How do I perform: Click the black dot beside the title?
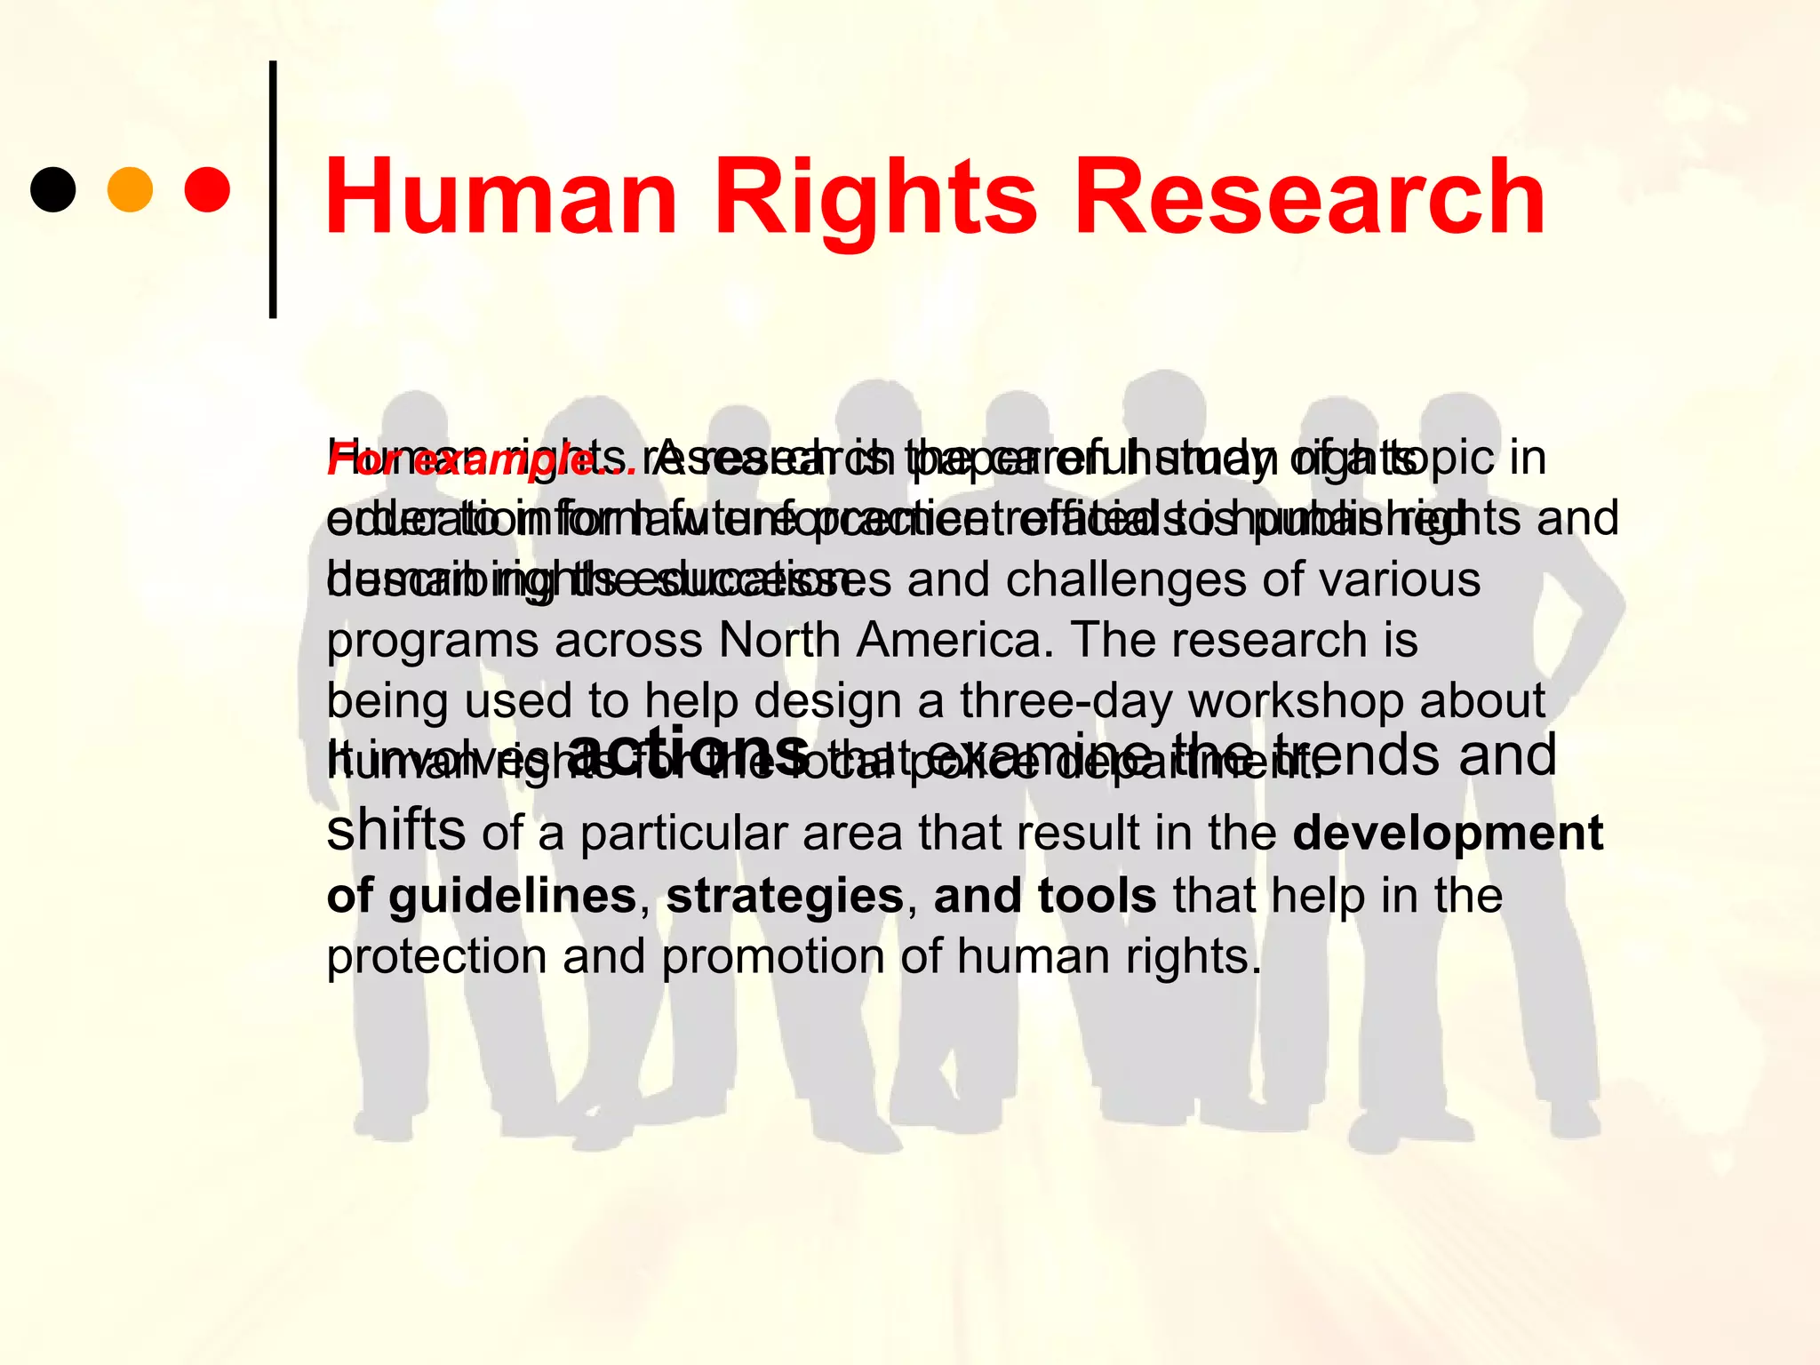coord(53,189)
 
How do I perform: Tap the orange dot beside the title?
coord(130,189)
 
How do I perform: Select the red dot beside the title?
coord(207,189)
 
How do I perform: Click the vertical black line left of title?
coord(273,189)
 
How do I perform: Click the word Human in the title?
coord(501,197)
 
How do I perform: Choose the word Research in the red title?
coord(1310,197)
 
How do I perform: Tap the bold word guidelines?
coord(512,896)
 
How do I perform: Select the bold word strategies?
coord(785,896)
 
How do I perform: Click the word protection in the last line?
coord(436,957)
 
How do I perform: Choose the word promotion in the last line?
coord(772,957)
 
